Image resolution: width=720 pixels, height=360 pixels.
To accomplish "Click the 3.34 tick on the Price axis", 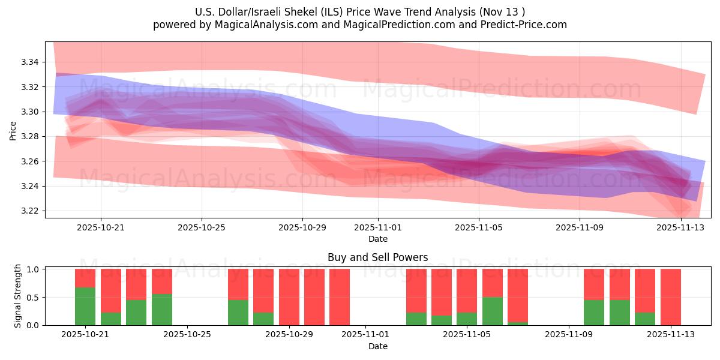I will pos(29,62).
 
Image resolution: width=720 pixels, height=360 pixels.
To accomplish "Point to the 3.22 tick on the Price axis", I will pos(29,211).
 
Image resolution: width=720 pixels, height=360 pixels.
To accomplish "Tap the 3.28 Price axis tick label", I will pos(29,137).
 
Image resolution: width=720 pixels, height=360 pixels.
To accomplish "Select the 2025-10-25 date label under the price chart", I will pos(202,227).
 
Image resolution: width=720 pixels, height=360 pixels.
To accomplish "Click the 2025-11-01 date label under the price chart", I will pos(378,227).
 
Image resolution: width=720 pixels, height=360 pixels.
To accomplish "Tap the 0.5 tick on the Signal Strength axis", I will pos(34,297).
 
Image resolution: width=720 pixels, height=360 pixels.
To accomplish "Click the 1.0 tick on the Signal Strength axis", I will pos(34,269).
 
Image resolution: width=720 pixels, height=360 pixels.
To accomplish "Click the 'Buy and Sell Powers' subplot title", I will pos(377,257).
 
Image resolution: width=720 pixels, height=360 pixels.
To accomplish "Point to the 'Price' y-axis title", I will pos(13,130).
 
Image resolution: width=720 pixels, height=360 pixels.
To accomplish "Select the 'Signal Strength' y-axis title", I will pos(18,296).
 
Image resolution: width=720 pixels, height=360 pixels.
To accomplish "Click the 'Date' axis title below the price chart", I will pos(378,239).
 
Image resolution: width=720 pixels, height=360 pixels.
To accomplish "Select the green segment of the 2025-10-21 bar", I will pos(85,306).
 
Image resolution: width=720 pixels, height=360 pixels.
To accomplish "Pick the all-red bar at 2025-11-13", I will pos(670,297).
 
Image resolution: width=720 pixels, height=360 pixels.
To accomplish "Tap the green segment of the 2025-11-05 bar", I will pos(492,311).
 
